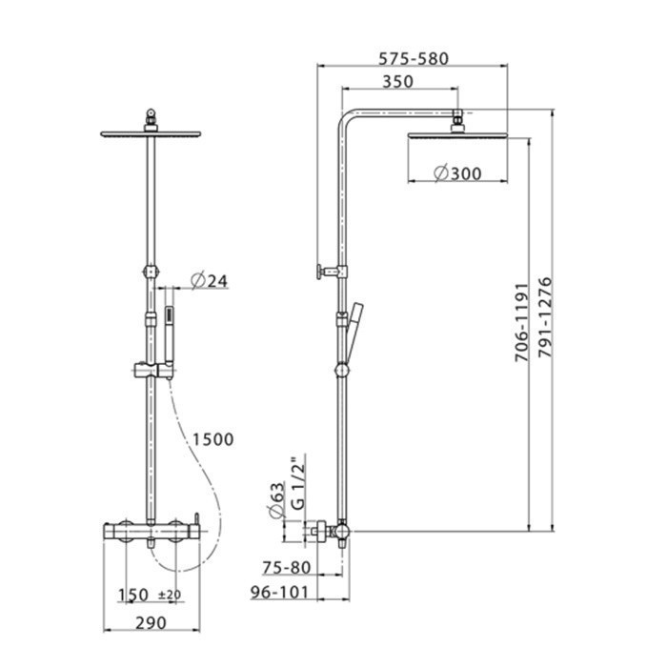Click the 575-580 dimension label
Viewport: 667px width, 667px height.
pyautogui.click(x=414, y=59)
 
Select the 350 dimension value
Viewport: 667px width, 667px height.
pyautogui.click(x=397, y=81)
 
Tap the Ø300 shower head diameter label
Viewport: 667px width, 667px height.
pyautogui.click(x=457, y=173)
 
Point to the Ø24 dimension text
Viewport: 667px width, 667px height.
pyautogui.click(x=210, y=281)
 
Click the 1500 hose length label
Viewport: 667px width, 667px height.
pyautogui.click(x=213, y=439)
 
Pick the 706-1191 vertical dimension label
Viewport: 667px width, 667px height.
pyautogui.click(x=522, y=322)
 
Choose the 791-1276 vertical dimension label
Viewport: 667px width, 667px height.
pyautogui.click(x=545, y=317)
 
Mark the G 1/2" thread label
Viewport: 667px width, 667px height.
pyautogui.click(x=298, y=482)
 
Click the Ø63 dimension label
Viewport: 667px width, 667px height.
pyautogui.click(x=276, y=500)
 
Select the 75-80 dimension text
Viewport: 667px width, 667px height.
pyautogui.click(x=287, y=568)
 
